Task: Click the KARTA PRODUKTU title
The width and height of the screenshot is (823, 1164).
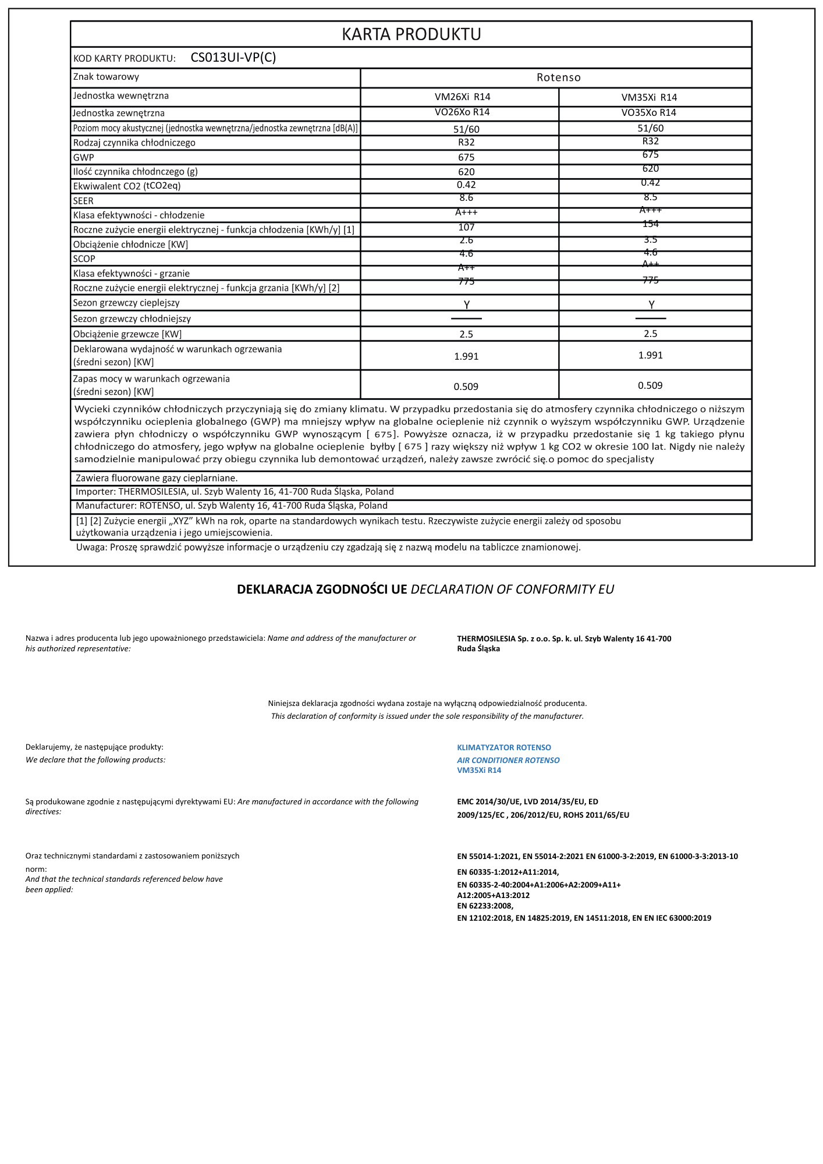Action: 411,34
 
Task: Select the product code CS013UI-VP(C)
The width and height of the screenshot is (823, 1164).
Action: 233,57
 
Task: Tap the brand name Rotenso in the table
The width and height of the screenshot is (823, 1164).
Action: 558,77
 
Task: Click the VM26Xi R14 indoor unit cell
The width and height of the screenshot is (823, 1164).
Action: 463,97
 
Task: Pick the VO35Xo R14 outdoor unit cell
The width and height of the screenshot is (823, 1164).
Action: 648,112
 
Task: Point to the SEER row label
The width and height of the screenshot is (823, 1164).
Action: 83,201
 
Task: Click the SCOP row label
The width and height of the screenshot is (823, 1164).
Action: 84,259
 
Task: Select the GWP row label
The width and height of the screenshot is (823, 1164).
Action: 84,157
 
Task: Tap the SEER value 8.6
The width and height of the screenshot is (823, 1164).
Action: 466,198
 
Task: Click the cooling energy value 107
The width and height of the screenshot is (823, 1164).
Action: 466,227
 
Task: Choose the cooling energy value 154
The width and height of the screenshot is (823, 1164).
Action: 650,224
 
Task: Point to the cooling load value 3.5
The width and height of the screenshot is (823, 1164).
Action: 650,239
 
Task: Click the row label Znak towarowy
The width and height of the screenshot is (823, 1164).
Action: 106,77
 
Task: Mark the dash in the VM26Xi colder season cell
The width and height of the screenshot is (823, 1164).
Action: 466,319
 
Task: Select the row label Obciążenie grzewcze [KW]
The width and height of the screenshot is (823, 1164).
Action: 127,334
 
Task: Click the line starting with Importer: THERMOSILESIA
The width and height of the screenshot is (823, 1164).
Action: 235,492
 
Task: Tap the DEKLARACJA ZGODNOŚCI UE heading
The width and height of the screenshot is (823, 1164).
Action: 322,589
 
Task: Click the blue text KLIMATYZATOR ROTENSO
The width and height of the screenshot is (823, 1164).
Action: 504,747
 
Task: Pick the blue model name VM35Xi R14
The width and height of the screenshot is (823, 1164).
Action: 479,770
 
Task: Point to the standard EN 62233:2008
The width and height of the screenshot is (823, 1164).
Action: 485,906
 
